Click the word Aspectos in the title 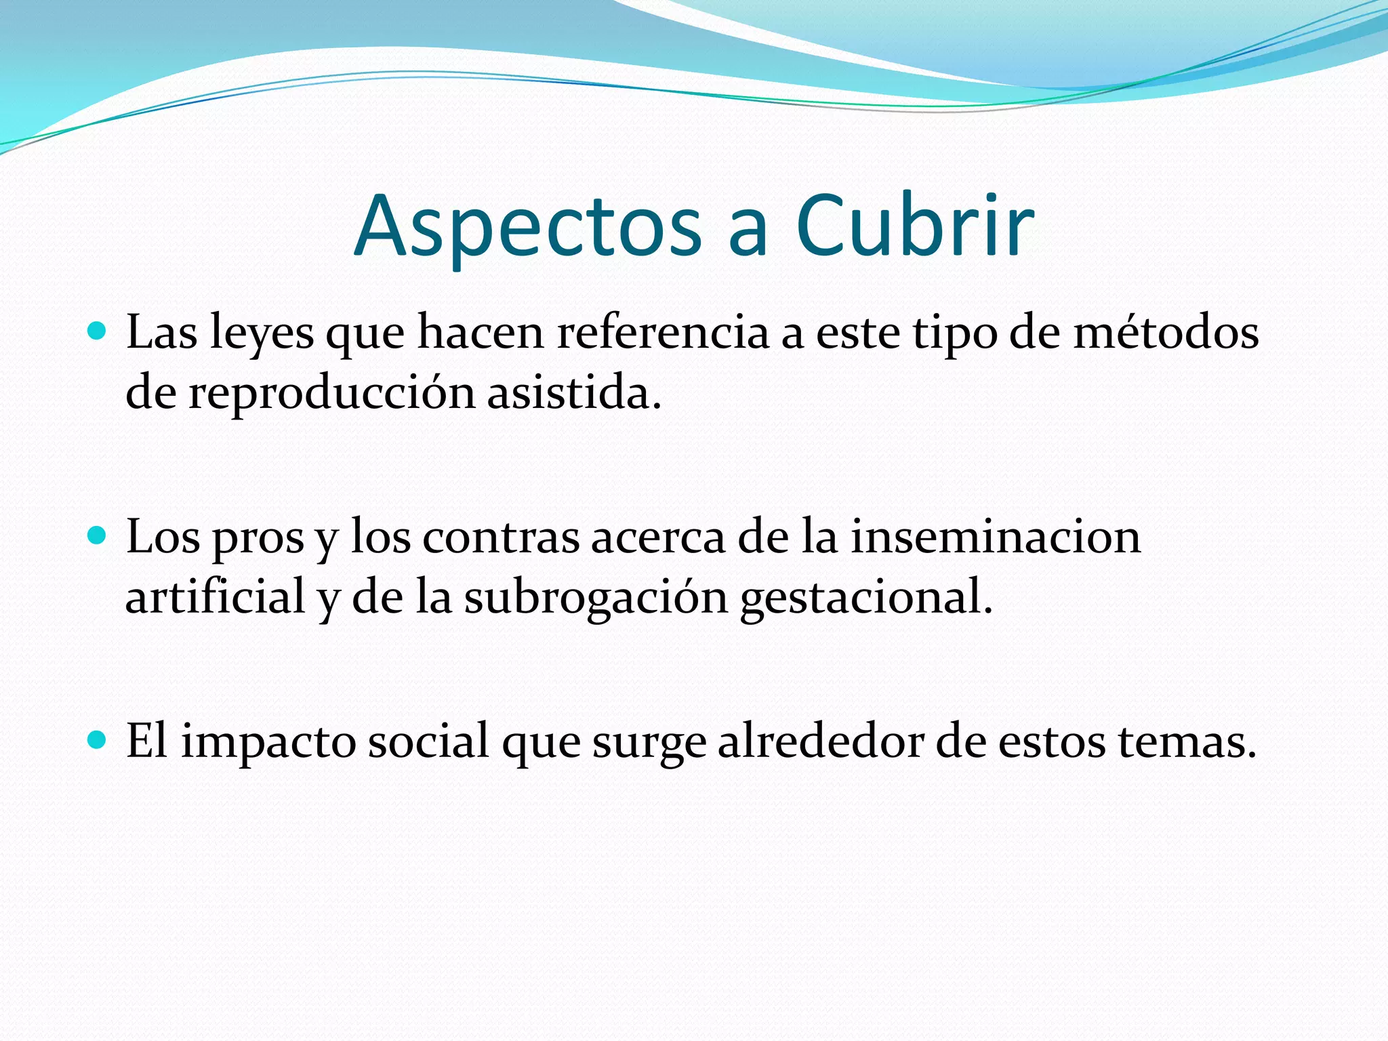click(528, 226)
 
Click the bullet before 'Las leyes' click(98, 331)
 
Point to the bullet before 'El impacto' click(98, 740)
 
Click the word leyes click(262, 333)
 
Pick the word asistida click(573, 392)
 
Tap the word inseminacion click(996, 536)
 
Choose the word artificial click(215, 597)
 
